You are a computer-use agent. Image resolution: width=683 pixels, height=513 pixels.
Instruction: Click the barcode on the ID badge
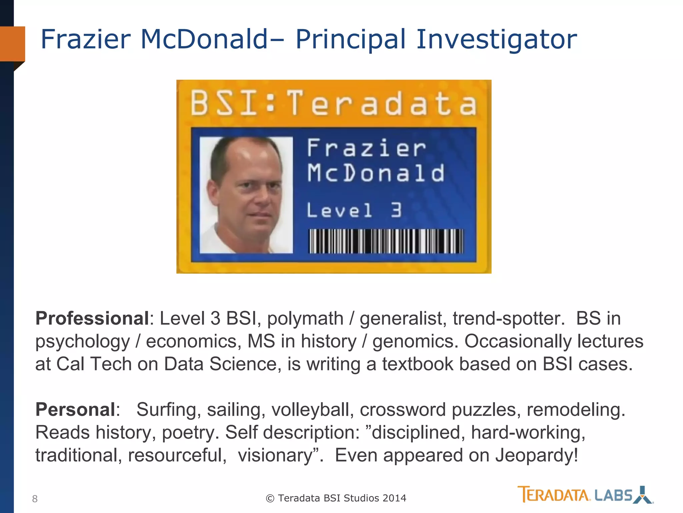point(386,241)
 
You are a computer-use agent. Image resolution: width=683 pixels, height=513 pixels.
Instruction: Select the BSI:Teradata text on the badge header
point(334,104)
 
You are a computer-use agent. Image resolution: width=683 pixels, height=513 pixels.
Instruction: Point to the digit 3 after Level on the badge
point(396,210)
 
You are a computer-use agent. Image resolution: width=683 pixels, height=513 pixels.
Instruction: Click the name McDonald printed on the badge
point(376,173)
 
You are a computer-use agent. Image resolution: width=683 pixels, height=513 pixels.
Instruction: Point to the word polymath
point(305,318)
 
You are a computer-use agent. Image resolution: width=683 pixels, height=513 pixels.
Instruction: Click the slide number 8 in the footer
point(35,499)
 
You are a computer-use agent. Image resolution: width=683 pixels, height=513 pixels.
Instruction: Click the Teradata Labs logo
point(585,495)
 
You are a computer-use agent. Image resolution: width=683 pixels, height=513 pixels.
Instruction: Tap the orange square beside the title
point(13,44)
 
